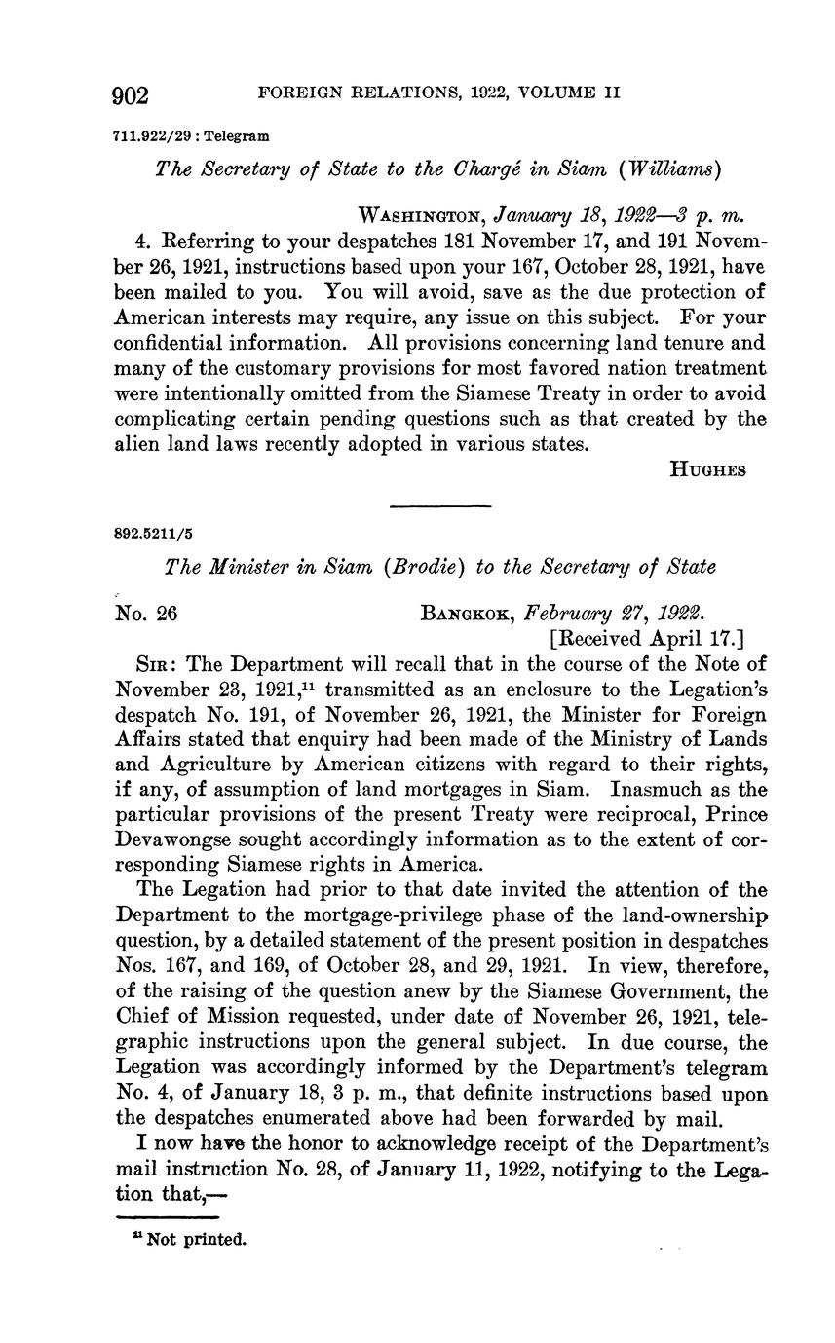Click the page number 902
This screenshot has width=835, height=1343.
click(x=131, y=95)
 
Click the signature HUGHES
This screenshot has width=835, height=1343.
click(x=708, y=469)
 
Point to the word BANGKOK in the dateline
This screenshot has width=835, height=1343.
click(x=468, y=614)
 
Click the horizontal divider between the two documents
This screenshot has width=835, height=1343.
click(x=440, y=505)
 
